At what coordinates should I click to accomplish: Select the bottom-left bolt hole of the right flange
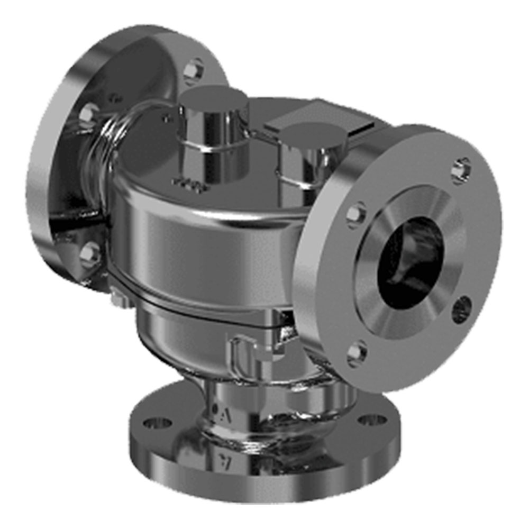pos(357,352)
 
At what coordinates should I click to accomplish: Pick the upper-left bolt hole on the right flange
pos(355,215)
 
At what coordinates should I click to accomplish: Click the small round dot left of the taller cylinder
pos(168,119)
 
